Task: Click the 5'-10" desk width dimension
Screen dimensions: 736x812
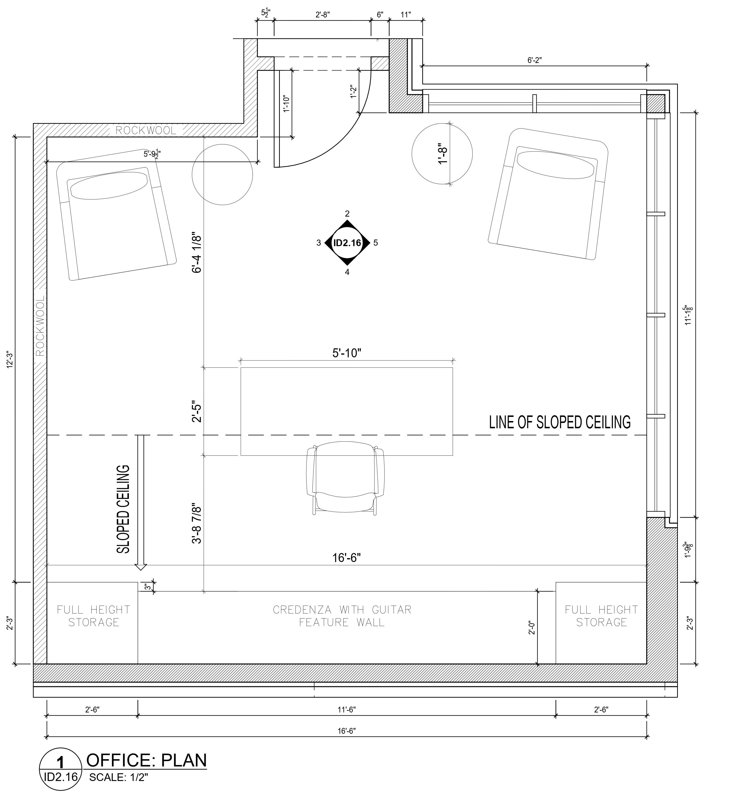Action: tap(346, 353)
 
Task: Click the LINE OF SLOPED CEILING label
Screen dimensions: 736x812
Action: tap(560, 422)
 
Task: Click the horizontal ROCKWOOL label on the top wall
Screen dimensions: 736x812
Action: tap(146, 131)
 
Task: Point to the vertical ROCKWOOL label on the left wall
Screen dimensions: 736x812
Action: tap(40, 327)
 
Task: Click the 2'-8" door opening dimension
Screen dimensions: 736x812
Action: tap(322, 15)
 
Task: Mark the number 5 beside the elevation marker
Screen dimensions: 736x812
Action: tap(376, 243)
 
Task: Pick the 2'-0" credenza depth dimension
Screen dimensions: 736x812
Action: tap(532, 627)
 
